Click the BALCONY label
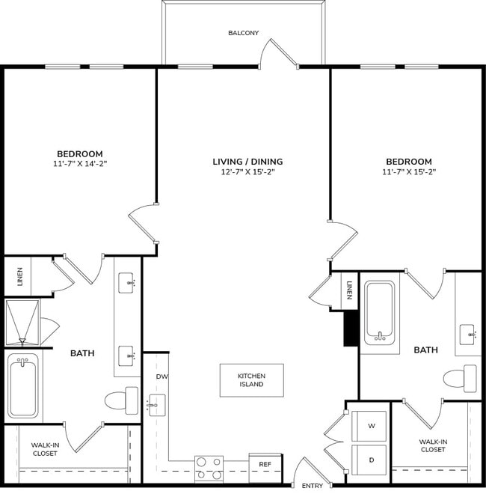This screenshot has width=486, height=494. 244,33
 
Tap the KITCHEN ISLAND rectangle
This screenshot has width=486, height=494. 251,380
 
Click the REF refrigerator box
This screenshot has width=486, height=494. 265,464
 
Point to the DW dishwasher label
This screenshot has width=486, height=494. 162,376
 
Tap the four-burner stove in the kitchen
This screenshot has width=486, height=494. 209,468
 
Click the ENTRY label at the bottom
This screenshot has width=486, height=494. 313,486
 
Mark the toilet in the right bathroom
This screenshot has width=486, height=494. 460,378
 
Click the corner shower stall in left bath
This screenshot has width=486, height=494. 25,323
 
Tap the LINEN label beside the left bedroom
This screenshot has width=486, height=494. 19,277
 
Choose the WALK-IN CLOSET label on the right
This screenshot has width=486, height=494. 433,445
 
